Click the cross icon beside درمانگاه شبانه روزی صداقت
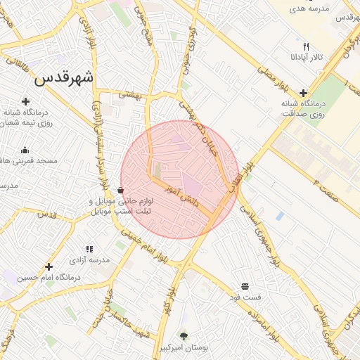[x=303, y=93]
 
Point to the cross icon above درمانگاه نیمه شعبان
[x=26, y=101]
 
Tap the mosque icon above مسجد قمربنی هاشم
[x=25, y=149]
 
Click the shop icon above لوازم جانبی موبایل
[x=120, y=190]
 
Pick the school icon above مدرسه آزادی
[x=89, y=249]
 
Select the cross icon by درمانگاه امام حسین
[x=49, y=266]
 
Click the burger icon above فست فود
[x=245, y=286]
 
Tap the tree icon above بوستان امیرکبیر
[x=184, y=336]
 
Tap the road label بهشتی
[x=130, y=93]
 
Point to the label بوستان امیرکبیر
[x=183, y=348]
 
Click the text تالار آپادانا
[x=307, y=56]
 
